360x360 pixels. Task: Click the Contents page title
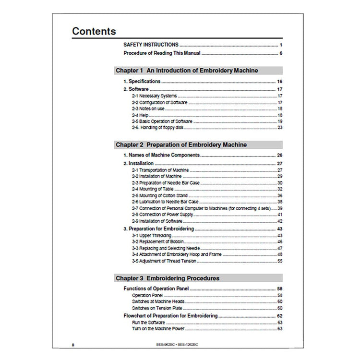94,32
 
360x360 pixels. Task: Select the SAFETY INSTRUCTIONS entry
151,45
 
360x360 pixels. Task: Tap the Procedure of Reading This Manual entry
162,53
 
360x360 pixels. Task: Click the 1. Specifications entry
142,82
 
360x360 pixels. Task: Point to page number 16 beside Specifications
279,82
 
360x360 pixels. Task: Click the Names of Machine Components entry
162,156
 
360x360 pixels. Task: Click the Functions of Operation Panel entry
156,288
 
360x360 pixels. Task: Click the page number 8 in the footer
72,345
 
